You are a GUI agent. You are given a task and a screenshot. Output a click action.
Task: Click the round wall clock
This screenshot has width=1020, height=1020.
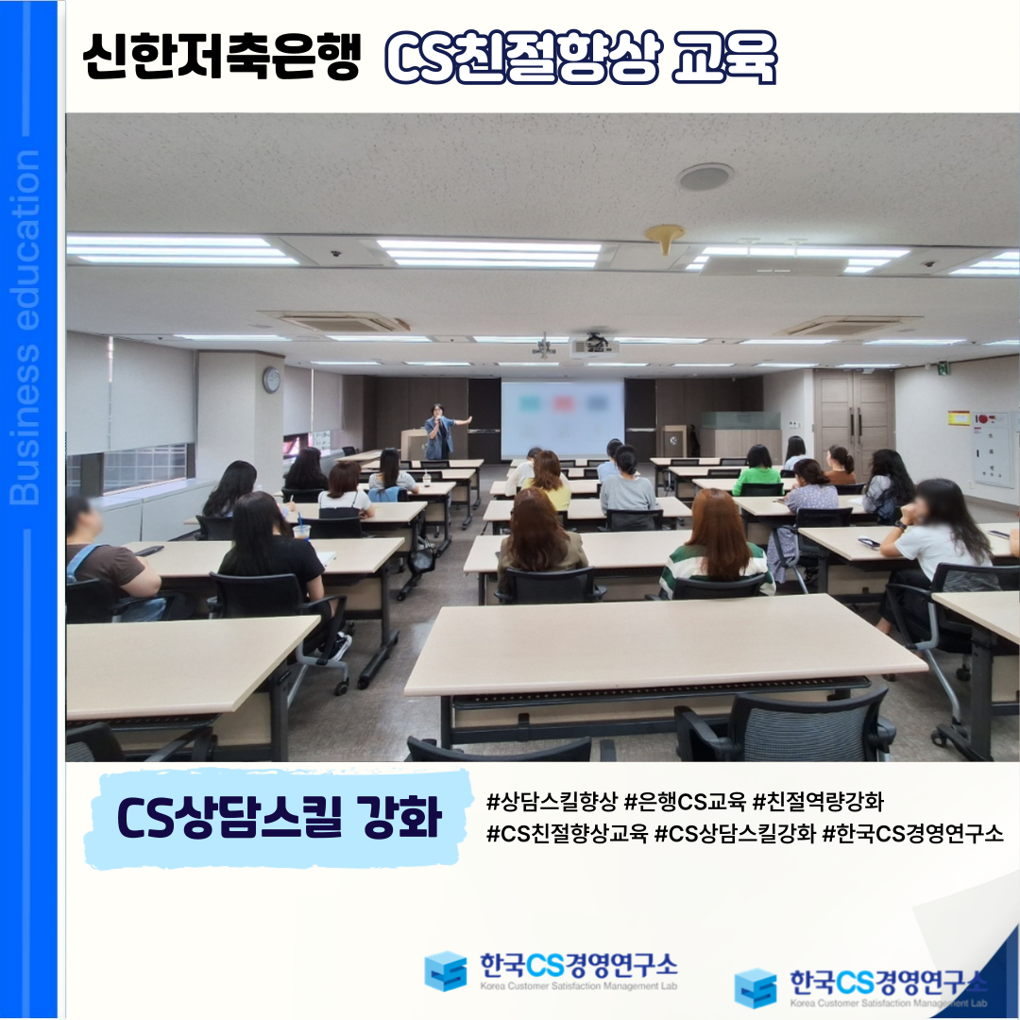[x=271, y=380]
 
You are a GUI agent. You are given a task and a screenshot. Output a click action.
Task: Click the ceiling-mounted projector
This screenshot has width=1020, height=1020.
[x=595, y=344]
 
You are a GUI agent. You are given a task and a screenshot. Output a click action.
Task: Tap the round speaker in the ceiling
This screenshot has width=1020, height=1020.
[x=705, y=177]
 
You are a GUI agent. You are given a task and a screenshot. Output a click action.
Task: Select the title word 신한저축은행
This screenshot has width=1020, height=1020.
[x=221, y=57]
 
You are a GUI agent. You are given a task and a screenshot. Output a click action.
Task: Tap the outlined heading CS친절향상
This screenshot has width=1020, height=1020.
[x=522, y=58]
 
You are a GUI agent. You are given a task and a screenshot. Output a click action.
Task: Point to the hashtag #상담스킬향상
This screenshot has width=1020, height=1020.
[x=551, y=802]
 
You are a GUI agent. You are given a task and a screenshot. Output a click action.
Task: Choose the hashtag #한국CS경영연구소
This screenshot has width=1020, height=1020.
[x=912, y=833]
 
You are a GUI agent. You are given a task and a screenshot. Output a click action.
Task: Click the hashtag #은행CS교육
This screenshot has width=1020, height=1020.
[x=685, y=802]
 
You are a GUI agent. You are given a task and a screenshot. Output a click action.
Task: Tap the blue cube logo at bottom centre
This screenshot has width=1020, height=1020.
[x=446, y=971]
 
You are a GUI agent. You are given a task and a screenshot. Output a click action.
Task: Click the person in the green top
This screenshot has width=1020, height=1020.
[x=757, y=469]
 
